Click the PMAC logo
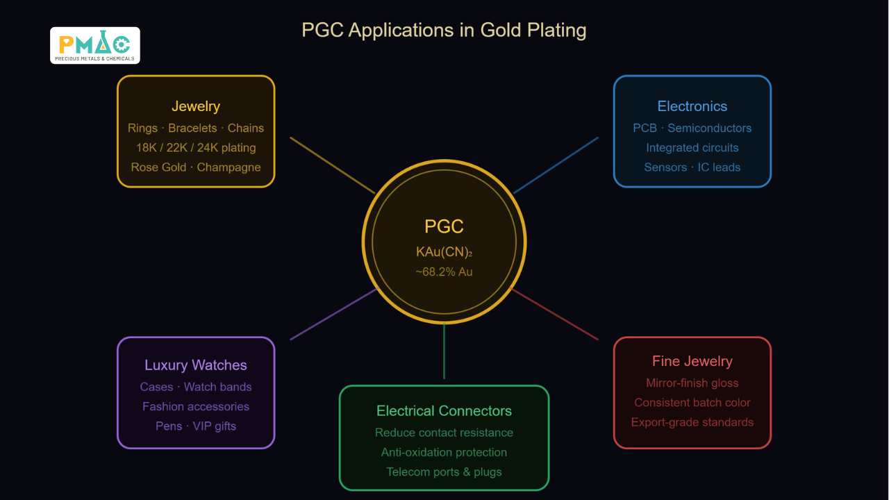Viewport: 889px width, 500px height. [95, 45]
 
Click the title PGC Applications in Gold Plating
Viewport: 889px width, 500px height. [444, 30]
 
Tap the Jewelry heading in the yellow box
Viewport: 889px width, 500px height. [196, 106]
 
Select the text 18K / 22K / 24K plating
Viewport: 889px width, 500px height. [196, 148]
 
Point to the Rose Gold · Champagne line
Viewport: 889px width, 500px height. [196, 167]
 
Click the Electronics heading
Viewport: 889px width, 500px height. [692, 106]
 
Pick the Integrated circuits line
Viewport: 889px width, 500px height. [692, 148]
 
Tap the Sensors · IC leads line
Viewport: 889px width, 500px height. [692, 167]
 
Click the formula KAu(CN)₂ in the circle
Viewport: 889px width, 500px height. [444, 251]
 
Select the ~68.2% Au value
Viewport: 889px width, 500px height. [444, 272]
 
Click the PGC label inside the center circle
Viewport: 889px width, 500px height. [444, 226]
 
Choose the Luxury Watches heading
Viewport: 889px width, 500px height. [196, 365]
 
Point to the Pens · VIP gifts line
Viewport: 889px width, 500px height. [196, 426]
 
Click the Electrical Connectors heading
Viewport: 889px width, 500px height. [444, 410]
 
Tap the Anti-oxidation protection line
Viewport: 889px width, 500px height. [444, 452]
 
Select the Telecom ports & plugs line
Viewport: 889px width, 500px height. [444, 472]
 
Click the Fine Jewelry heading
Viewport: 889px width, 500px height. [692, 361]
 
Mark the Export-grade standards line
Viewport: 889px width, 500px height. [692, 422]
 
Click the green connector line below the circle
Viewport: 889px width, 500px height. [444, 351]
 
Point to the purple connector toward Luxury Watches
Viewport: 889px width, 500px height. [333, 315]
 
